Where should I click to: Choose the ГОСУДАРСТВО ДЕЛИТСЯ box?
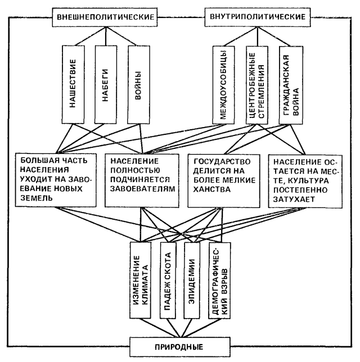click(x=225, y=175)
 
